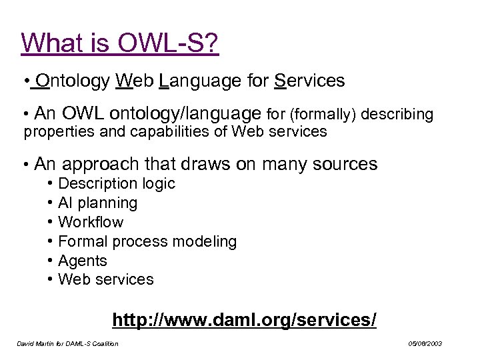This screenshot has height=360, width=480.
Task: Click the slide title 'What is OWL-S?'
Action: point(120,43)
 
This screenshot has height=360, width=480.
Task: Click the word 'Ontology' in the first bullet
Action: point(73,81)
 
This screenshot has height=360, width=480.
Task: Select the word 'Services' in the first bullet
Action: point(309,81)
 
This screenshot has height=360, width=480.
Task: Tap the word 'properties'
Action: point(59,131)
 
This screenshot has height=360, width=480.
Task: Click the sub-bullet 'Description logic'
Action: point(116,183)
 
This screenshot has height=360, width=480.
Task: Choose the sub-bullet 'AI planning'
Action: point(97,203)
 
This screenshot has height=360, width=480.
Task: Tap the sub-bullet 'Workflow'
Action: point(91,222)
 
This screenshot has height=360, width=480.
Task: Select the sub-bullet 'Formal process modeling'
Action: point(147,241)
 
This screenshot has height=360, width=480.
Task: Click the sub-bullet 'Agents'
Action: point(83,261)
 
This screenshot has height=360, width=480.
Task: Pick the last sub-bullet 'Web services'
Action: point(105,279)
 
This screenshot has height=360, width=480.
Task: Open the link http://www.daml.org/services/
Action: point(244,320)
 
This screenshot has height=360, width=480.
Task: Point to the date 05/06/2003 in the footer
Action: point(425,344)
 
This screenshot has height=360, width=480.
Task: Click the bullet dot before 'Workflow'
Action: point(51,222)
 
